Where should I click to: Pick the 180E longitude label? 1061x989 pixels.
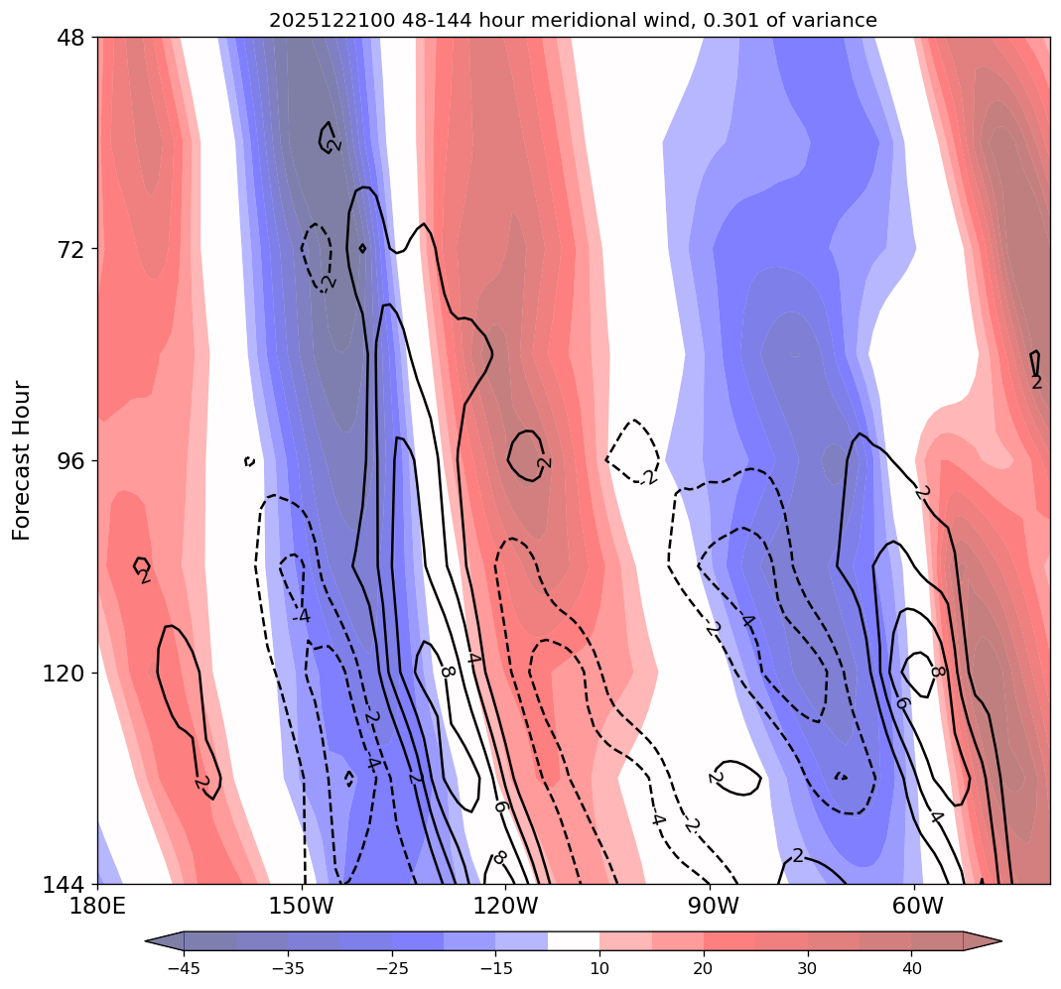[98, 907]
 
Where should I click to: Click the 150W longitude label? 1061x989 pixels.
[302, 907]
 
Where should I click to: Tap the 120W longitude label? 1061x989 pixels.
[506, 907]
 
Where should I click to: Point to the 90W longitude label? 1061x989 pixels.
[711, 907]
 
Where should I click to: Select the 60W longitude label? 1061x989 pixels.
[916, 907]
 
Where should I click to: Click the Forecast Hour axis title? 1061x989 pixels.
[23, 460]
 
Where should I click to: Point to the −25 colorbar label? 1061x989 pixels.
[392, 968]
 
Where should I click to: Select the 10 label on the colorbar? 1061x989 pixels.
[599, 968]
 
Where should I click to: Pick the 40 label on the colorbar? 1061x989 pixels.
[912, 968]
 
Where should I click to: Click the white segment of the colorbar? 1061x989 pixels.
[574, 940]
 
